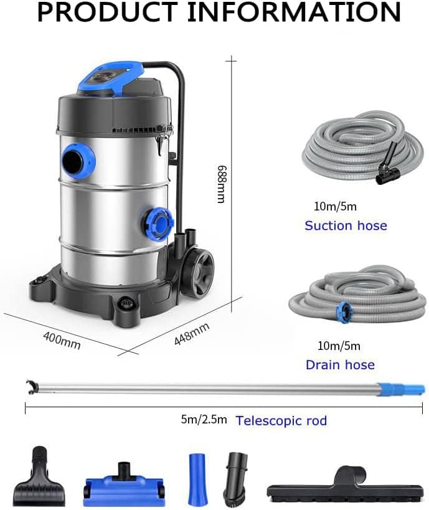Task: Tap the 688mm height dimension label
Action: (x=222, y=184)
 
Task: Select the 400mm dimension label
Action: (x=62, y=339)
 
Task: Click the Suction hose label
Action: (x=346, y=225)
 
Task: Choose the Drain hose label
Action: (x=340, y=365)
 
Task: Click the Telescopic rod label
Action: (x=281, y=421)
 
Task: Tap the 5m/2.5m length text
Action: (x=204, y=420)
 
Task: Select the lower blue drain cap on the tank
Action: (x=158, y=224)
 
